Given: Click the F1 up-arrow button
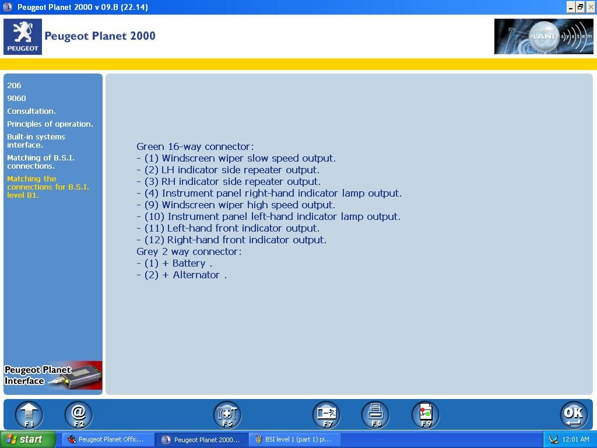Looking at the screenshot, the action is coord(29,415).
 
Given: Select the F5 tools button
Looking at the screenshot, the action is coord(227,415).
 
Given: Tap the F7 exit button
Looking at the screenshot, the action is coord(326,415).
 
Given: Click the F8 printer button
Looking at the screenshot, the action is coord(375,415).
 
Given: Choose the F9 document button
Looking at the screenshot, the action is coord(426,415).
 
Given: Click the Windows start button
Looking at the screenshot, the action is coord(28,439).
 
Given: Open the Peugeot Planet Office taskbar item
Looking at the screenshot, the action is coord(106,439).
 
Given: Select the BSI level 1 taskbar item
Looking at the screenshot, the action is coord(294,439).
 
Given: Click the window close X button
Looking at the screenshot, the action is coord(590,7).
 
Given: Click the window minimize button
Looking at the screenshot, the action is coord(570,7).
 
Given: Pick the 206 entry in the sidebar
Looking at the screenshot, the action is coord(14,85).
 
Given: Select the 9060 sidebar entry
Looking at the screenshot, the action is coord(16,98).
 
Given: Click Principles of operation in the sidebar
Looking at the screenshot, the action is coord(50,124).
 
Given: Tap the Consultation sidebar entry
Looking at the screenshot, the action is coord(31,111).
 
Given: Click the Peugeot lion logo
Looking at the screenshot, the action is coord(23,37).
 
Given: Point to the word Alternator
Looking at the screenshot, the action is coord(196,275).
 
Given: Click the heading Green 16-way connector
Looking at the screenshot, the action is coord(195,146).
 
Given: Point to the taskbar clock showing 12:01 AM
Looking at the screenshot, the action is coord(575,439).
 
